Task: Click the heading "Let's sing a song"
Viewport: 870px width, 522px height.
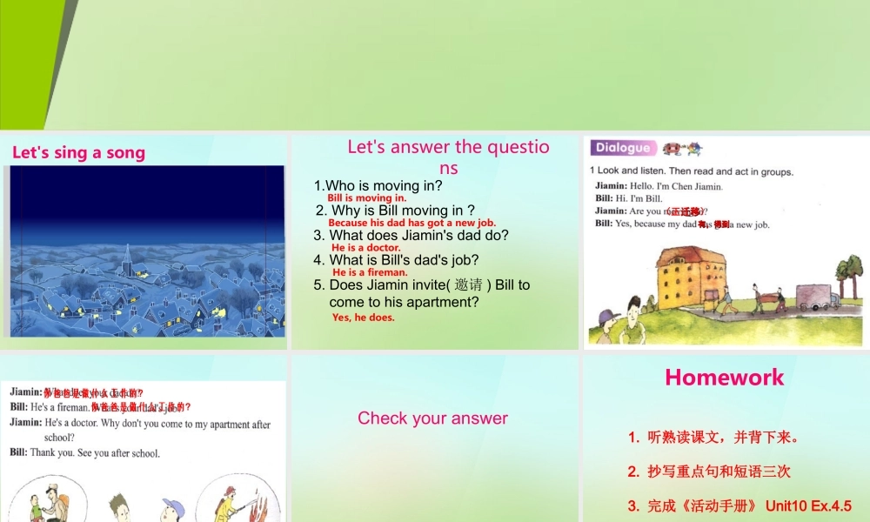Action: pyautogui.click(x=78, y=153)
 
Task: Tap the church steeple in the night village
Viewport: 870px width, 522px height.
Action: pyautogui.click(x=127, y=257)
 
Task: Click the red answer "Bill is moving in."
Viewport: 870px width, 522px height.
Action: pyautogui.click(x=366, y=198)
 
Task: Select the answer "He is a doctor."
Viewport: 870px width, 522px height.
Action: pyautogui.click(x=365, y=248)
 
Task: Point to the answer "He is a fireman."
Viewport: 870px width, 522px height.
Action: pyautogui.click(x=369, y=272)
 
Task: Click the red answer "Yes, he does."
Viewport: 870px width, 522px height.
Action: pyautogui.click(x=363, y=318)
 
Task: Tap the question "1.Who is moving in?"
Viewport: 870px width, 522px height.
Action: pyautogui.click(x=378, y=185)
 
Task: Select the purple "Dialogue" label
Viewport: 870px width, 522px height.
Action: pyautogui.click(x=623, y=148)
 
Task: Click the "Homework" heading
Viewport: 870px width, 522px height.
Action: pyautogui.click(x=724, y=377)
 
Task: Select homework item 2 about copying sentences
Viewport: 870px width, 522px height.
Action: pyautogui.click(x=709, y=472)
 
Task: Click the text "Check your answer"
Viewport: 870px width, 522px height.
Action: pyautogui.click(x=432, y=418)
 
